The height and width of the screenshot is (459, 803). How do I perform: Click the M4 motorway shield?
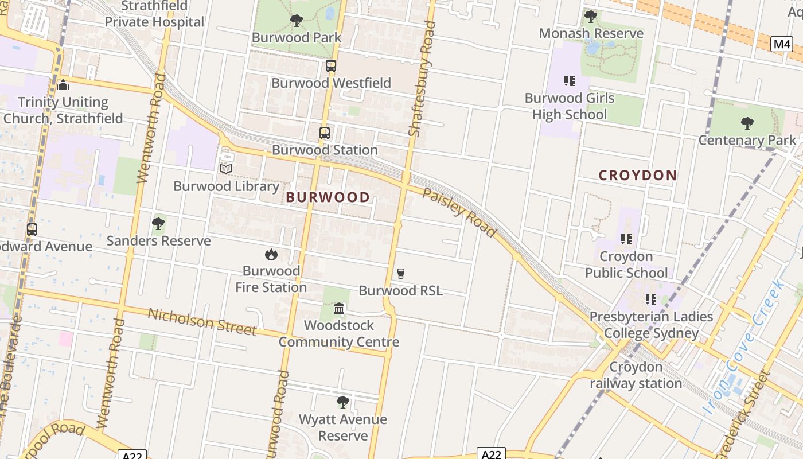click(x=781, y=44)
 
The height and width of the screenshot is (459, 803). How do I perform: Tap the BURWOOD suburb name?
click(x=328, y=197)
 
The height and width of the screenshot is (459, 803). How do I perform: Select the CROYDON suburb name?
click(x=638, y=175)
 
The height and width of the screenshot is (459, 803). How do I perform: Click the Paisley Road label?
click(x=459, y=212)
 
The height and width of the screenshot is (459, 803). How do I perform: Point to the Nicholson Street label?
click(x=202, y=321)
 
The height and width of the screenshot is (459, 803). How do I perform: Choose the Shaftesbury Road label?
click(x=422, y=79)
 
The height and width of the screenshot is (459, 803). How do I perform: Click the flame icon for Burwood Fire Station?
click(x=271, y=254)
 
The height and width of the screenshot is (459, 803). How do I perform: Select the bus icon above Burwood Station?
click(x=325, y=133)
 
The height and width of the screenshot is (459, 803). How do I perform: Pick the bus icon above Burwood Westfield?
click(x=331, y=66)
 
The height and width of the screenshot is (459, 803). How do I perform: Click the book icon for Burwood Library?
click(x=226, y=169)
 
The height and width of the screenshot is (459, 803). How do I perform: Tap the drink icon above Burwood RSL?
click(x=401, y=274)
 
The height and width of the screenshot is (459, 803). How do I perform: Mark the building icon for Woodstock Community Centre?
click(x=339, y=309)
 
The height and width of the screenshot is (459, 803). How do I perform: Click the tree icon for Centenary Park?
click(x=747, y=123)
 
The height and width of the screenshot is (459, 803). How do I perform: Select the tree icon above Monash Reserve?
click(x=591, y=17)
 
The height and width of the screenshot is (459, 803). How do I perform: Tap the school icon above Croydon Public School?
click(x=626, y=239)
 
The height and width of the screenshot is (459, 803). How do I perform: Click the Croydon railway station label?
click(x=636, y=375)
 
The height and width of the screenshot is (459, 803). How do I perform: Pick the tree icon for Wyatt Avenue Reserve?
click(x=343, y=402)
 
